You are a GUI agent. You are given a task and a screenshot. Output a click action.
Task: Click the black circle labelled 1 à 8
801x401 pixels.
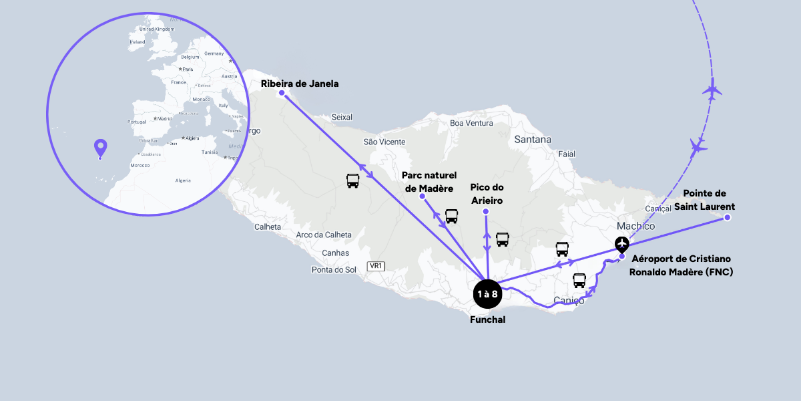[487, 294]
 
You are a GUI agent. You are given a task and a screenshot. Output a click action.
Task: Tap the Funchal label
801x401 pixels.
[487, 319]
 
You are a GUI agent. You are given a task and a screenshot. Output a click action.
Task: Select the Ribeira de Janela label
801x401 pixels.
[300, 84]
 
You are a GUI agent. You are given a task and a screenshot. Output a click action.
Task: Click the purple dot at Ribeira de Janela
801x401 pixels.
[282, 93]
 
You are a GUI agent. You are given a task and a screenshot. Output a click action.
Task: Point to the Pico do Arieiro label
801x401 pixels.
[487, 194]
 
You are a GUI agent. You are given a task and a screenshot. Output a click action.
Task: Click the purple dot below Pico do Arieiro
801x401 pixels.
[486, 212]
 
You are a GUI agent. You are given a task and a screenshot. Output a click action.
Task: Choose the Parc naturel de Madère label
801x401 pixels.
[429, 181]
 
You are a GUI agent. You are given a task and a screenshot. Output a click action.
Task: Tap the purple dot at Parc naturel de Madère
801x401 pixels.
[422, 197]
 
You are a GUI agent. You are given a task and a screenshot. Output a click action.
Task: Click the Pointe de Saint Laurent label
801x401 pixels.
[704, 200]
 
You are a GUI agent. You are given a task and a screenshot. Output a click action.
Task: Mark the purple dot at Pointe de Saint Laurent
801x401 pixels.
[728, 218]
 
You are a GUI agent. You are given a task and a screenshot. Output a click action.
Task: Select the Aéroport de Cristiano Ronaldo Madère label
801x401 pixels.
[681, 265]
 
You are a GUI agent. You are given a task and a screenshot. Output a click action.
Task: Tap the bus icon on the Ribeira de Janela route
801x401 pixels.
[353, 180]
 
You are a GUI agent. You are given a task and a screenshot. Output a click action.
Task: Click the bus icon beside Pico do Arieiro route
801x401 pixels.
[503, 239]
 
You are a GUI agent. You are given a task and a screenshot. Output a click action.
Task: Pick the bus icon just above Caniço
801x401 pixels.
[579, 280]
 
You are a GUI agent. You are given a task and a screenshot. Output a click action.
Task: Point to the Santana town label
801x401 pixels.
[533, 140]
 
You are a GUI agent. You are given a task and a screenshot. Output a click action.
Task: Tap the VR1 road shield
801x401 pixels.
[376, 266]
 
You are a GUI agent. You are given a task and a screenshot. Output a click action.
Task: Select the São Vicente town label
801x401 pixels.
[384, 142]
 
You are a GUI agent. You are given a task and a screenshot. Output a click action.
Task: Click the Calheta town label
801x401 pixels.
[268, 227]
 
